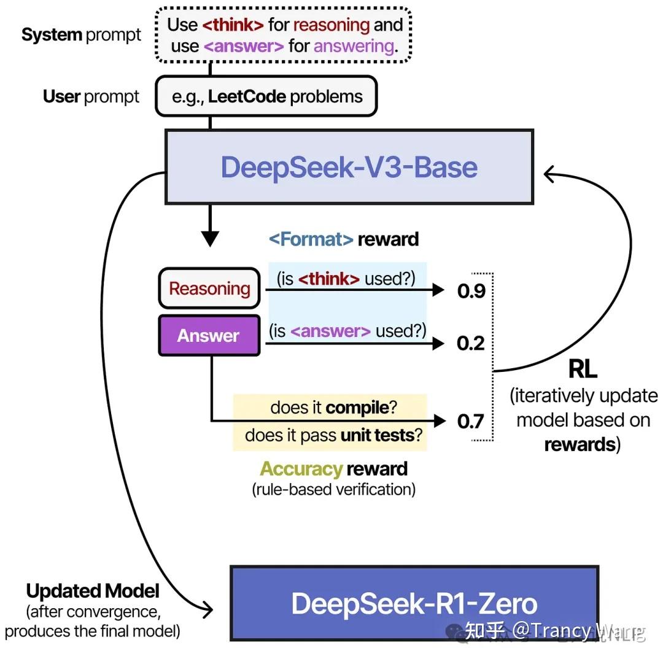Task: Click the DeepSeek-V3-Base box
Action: point(349,167)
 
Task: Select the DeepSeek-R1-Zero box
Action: point(414,603)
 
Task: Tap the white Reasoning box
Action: point(209,288)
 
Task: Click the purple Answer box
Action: point(209,336)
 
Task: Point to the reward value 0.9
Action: point(471,291)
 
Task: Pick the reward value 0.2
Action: point(471,343)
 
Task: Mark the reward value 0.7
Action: point(471,421)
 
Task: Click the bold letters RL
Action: point(583,369)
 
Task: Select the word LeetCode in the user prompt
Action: point(247,96)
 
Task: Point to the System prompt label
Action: point(81,35)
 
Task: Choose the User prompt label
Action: point(91,96)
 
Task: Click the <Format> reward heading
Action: point(344,239)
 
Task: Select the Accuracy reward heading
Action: point(333,469)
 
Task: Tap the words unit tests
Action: point(377,436)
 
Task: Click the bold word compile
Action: point(357,408)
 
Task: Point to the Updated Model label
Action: point(93,591)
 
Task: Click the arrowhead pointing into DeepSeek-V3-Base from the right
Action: point(549,176)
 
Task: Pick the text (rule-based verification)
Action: point(333,489)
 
